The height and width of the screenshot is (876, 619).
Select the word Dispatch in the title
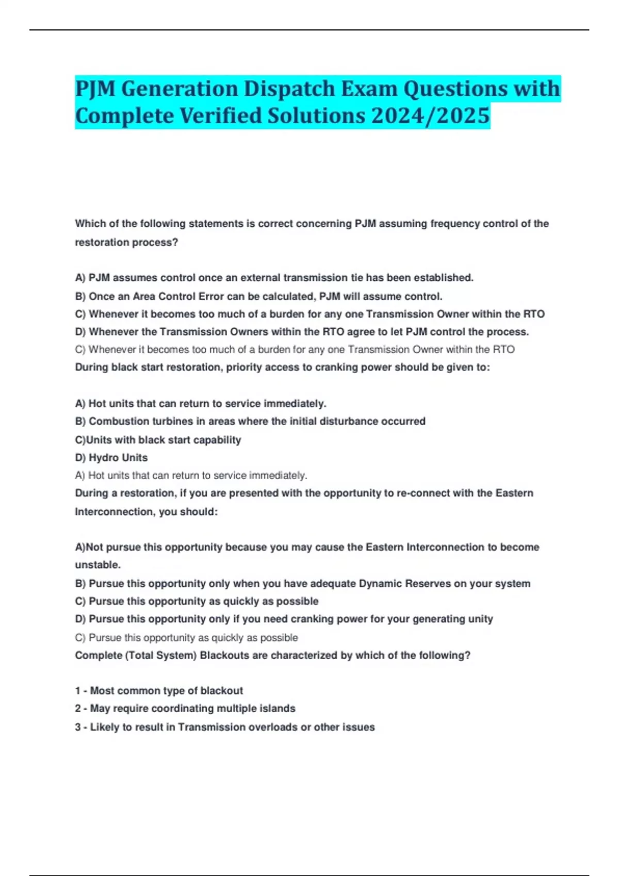(289, 88)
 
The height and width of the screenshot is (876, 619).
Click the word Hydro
(104, 458)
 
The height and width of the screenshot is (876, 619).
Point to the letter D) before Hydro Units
(80, 458)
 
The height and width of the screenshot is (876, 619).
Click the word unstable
(97, 565)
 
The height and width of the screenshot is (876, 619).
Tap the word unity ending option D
(481, 619)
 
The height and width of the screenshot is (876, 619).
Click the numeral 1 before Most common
(78, 690)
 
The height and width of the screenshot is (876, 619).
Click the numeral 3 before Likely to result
(78, 727)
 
